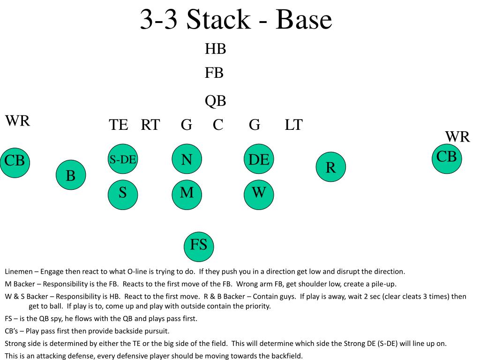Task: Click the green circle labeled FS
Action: click(199, 246)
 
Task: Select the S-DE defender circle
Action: click(123, 159)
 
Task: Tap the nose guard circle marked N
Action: click(187, 159)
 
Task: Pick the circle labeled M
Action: click(187, 193)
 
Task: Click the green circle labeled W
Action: click(259, 193)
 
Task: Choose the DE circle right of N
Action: click(259, 159)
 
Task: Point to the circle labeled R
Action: click(330, 167)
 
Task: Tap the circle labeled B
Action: click(71, 175)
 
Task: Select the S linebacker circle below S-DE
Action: click(123, 193)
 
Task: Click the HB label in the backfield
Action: click(215, 49)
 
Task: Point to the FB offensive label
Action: click(214, 73)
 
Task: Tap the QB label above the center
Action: click(215, 101)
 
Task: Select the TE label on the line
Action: click(119, 125)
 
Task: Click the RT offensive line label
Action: click(150, 125)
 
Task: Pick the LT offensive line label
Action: click(293, 125)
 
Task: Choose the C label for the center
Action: click(218, 125)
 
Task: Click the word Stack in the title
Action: click(217, 20)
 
